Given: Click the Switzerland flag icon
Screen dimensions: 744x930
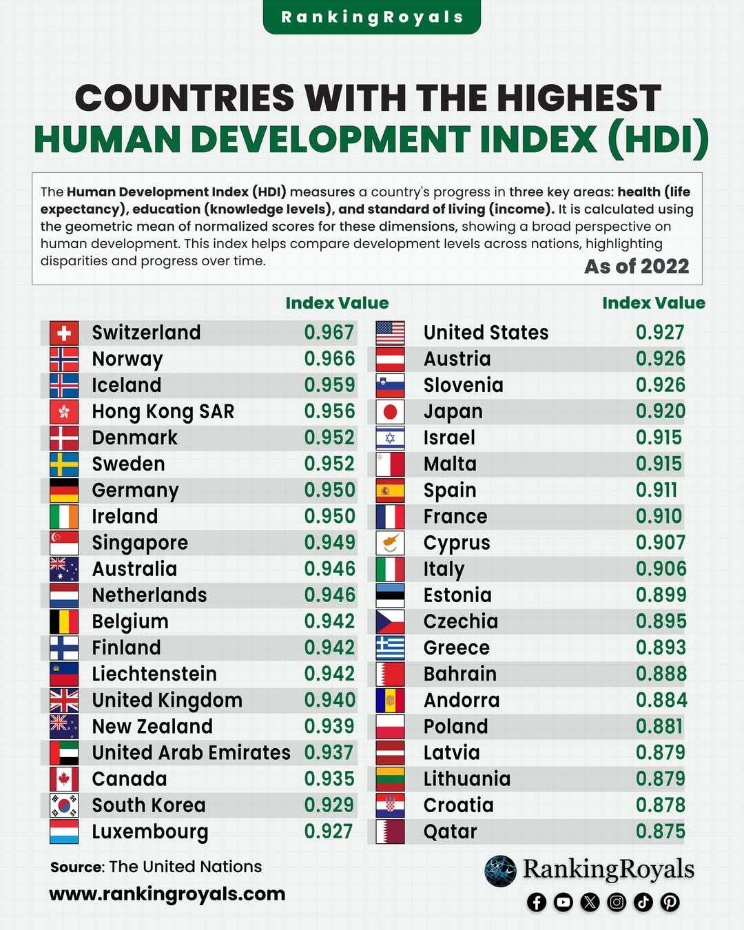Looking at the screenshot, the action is pyautogui.click(x=64, y=333).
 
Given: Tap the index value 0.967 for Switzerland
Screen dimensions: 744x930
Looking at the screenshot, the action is pyautogui.click(x=329, y=333).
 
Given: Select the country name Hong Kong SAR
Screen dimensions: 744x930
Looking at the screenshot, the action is pyautogui.click(x=163, y=412).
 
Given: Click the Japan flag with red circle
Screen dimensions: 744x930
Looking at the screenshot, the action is pyautogui.click(x=390, y=412).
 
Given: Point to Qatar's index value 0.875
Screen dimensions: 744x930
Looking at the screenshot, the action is pyautogui.click(x=660, y=831).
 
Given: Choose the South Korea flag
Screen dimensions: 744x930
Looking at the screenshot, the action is pyautogui.click(x=64, y=805).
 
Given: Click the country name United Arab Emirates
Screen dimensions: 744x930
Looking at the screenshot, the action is pyautogui.click(x=191, y=752).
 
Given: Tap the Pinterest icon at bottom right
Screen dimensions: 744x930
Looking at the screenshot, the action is pyautogui.click(x=670, y=902).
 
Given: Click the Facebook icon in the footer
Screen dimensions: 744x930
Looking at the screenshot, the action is pyautogui.click(x=537, y=902).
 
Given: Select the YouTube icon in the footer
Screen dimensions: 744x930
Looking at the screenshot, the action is pyautogui.click(x=563, y=902).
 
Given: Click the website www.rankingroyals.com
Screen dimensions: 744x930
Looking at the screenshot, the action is pyautogui.click(x=167, y=894).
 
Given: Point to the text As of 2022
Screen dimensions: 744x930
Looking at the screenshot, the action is pyautogui.click(x=637, y=266).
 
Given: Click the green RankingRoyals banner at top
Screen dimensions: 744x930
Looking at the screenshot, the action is pyautogui.click(x=372, y=17).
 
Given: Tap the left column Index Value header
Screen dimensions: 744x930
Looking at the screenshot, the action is pyautogui.click(x=337, y=303).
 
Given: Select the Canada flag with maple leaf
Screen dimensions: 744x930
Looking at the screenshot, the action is pyautogui.click(x=64, y=778).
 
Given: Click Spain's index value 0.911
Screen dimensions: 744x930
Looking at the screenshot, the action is pyautogui.click(x=657, y=490).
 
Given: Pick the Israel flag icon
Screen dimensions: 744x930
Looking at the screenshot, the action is pyautogui.click(x=390, y=437).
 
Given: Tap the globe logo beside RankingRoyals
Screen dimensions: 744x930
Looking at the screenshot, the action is pyautogui.click(x=500, y=871).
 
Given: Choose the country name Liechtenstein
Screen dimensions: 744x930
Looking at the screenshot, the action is pyautogui.click(x=154, y=674).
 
